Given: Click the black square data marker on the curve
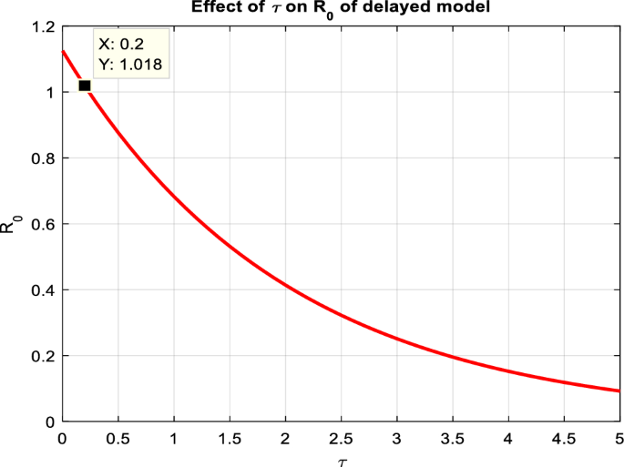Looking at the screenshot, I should [84, 86].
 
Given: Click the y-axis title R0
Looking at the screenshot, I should [10, 224].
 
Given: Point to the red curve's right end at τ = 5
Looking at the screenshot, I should [619, 391].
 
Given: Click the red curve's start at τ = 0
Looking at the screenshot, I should [62, 51].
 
